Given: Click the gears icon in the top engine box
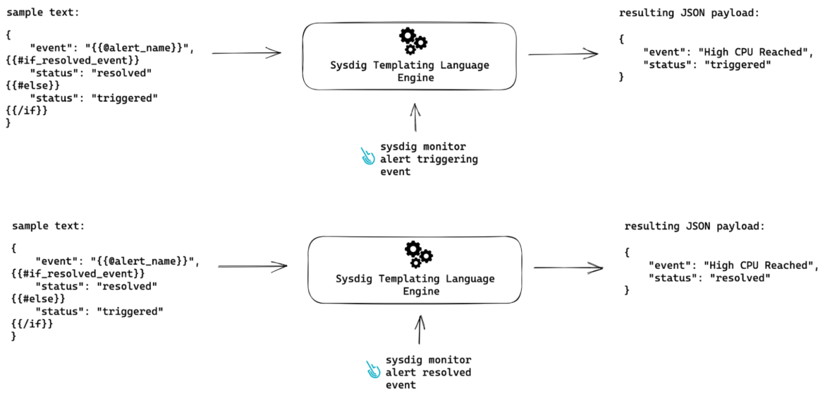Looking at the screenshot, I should tap(412, 41).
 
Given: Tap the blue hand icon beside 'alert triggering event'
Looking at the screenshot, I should tap(368, 156).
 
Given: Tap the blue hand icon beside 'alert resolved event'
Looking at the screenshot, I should tap(373, 370).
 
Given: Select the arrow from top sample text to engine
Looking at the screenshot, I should tap(246, 52).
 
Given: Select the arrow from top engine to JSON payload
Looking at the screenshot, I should tap(563, 54).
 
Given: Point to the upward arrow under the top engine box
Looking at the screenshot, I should tap(415, 117).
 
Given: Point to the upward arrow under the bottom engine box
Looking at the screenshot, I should tap(421, 330).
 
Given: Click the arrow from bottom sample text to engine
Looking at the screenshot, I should tap(252, 266).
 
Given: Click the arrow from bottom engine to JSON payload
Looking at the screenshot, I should tap(568, 268).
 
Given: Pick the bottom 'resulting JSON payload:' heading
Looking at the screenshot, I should tap(695, 226).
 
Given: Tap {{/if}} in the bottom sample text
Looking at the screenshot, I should tap(32, 323).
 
